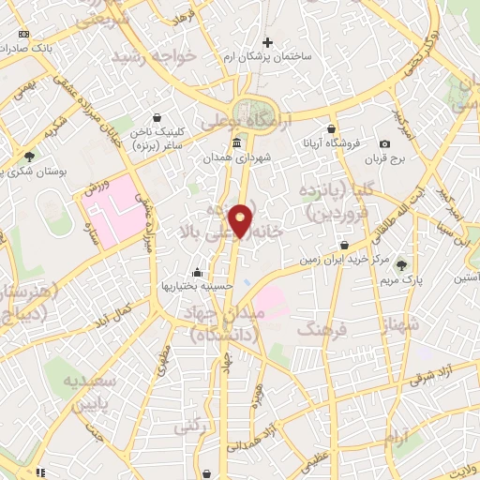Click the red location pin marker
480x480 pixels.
click(x=241, y=219)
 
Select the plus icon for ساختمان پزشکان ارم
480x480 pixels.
click(x=267, y=42)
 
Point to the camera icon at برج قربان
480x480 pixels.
click(x=384, y=143)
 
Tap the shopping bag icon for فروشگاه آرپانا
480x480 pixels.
click(x=331, y=129)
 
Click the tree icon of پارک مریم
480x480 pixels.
click(x=403, y=265)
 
